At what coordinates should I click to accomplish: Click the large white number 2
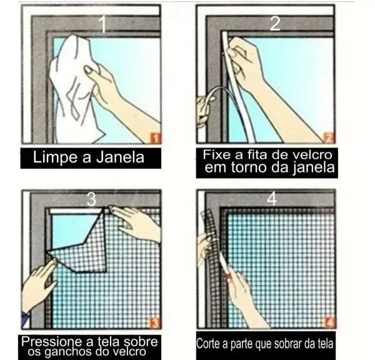pos(274,24)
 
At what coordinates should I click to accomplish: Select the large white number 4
pos(271,199)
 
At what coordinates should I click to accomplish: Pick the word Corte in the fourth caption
pos(209,344)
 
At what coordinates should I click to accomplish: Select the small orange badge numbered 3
pos(153,322)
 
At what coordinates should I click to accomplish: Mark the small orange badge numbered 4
pos(329,322)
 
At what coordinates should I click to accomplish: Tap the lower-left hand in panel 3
pos(39,284)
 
